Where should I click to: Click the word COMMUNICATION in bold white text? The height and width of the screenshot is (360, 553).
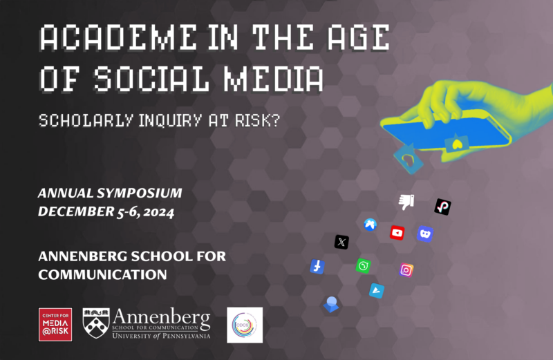[x=102, y=274]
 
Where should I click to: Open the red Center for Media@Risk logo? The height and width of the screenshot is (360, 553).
[x=55, y=325]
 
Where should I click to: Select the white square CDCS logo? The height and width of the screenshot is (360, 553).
[x=245, y=325]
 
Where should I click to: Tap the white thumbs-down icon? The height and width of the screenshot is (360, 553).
[x=406, y=201]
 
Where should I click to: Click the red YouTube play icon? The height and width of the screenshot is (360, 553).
[x=397, y=233]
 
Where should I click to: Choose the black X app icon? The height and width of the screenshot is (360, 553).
[x=341, y=242]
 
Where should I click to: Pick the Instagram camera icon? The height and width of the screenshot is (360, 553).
[x=406, y=270]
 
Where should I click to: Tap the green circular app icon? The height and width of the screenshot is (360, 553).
[x=363, y=265]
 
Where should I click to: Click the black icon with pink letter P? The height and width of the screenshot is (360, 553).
[x=442, y=207]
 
